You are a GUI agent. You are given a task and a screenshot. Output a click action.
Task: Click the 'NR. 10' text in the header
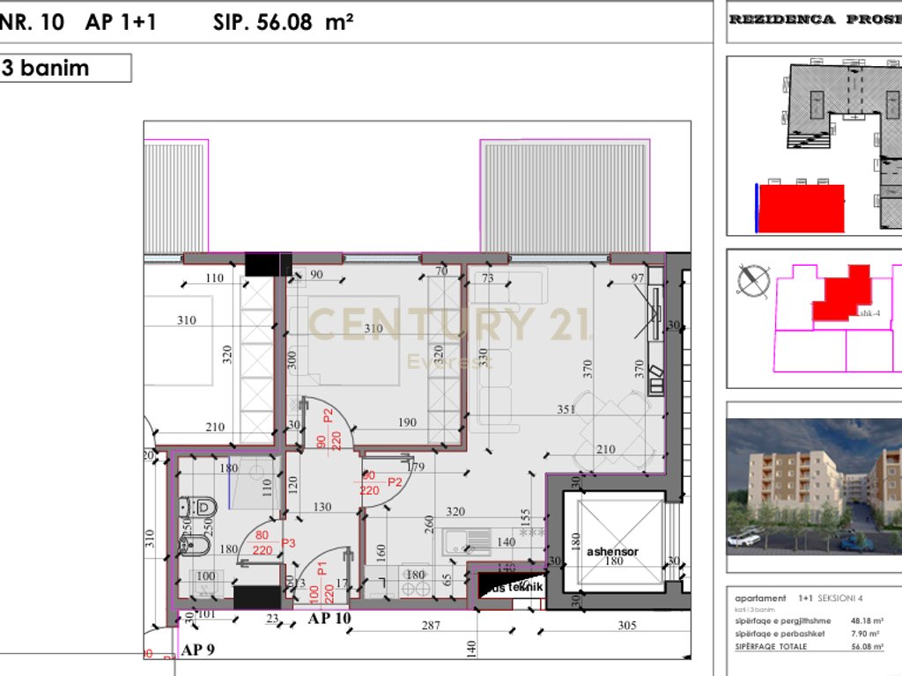pos(33,22)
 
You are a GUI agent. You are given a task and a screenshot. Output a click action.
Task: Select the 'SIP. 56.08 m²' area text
pos(283,22)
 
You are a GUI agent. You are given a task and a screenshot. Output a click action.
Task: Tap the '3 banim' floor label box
pos(66,68)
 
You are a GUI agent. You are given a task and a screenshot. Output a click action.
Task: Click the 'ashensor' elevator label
pos(612,552)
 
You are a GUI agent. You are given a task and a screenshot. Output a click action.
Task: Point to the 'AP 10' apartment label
pos(329,618)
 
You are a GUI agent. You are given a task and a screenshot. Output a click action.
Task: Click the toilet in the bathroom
pos(199,506)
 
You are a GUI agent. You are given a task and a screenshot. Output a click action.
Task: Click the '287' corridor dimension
pos(430,626)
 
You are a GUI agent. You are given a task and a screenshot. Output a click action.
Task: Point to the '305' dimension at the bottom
pos(627,626)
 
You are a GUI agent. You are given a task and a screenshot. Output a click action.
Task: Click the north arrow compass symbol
pos(752,280)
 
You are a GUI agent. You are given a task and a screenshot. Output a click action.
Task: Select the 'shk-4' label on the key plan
pos(869,312)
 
